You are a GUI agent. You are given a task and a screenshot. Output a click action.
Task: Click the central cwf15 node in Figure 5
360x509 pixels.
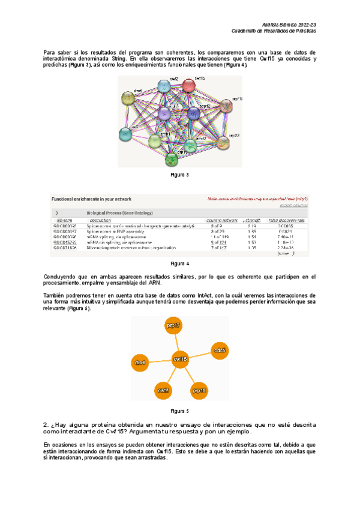point(180,359)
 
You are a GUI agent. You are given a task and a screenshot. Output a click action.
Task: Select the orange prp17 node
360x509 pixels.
point(173,326)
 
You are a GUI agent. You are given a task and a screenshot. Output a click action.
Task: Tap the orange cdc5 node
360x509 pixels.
point(220,350)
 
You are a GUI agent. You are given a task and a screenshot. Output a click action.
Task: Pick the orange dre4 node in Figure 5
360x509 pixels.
point(140,363)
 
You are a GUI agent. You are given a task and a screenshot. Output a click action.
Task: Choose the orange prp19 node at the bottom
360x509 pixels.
point(200,391)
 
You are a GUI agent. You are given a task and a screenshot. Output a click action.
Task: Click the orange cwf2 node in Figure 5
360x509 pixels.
point(163,391)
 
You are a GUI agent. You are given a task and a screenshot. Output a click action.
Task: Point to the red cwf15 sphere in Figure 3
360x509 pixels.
point(190,85)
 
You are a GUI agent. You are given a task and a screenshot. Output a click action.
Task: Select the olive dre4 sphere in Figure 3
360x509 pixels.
point(128,98)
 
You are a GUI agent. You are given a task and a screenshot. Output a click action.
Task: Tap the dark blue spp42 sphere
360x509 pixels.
point(193,113)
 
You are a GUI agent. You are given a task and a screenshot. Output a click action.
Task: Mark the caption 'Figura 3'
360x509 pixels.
point(179,175)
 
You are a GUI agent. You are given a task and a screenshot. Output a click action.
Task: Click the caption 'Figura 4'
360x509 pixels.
point(179,264)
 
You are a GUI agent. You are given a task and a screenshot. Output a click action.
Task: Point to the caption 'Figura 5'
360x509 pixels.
point(179,411)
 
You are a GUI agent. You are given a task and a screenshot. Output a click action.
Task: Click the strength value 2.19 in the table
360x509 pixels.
point(252,226)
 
